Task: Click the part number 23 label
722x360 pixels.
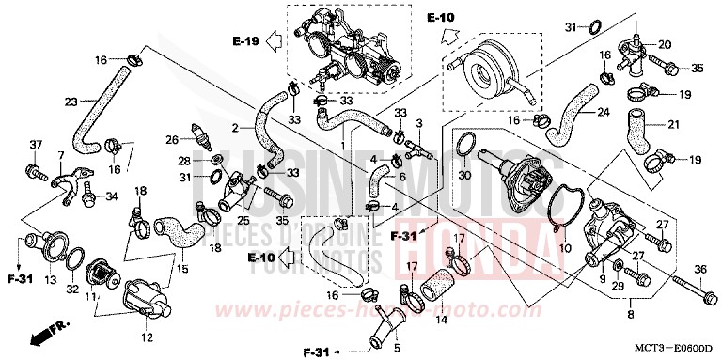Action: click(x=71, y=102)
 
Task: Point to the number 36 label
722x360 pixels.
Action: click(x=699, y=271)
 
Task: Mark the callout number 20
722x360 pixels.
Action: click(x=665, y=44)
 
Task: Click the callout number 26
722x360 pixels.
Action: click(x=171, y=140)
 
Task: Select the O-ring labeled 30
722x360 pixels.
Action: click(x=463, y=144)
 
